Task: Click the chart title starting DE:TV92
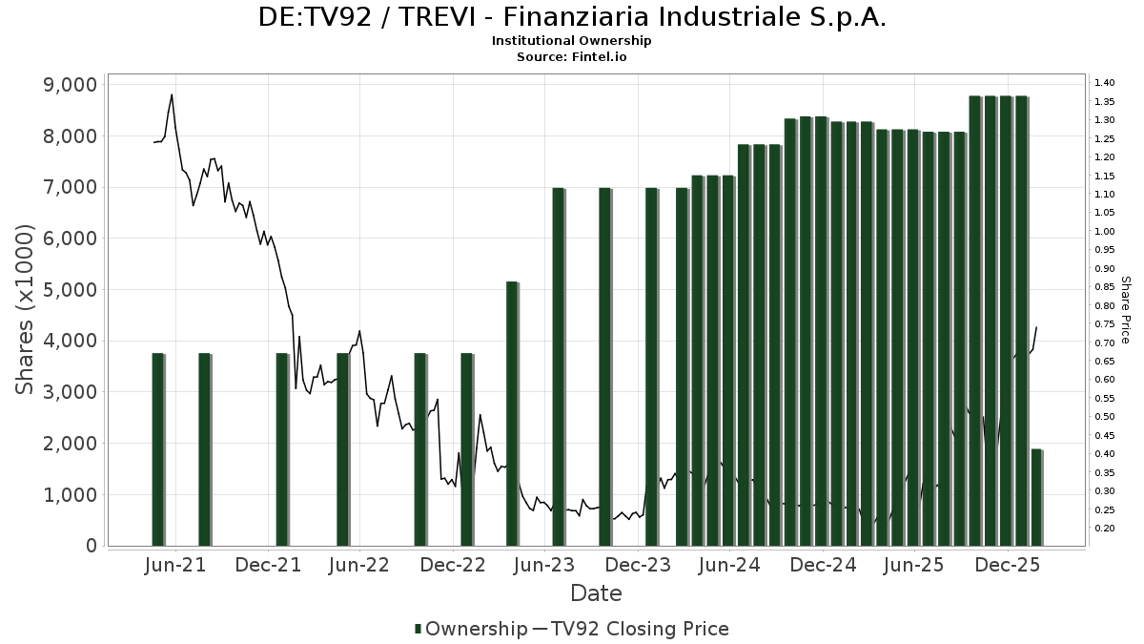click(x=572, y=17)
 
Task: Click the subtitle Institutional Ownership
click(x=572, y=41)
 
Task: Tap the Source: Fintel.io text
click(x=572, y=56)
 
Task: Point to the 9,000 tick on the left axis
click(x=71, y=85)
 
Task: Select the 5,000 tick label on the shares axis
click(x=71, y=290)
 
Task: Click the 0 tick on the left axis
click(x=92, y=546)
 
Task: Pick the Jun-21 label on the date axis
click(x=175, y=566)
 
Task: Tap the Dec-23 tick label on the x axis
click(x=638, y=566)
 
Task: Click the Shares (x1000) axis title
click(x=26, y=309)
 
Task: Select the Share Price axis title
click(x=1125, y=310)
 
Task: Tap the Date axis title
click(x=596, y=593)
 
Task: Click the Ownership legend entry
click(x=471, y=629)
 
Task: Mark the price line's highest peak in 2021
click(x=172, y=94)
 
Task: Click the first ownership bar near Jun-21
click(x=158, y=448)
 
